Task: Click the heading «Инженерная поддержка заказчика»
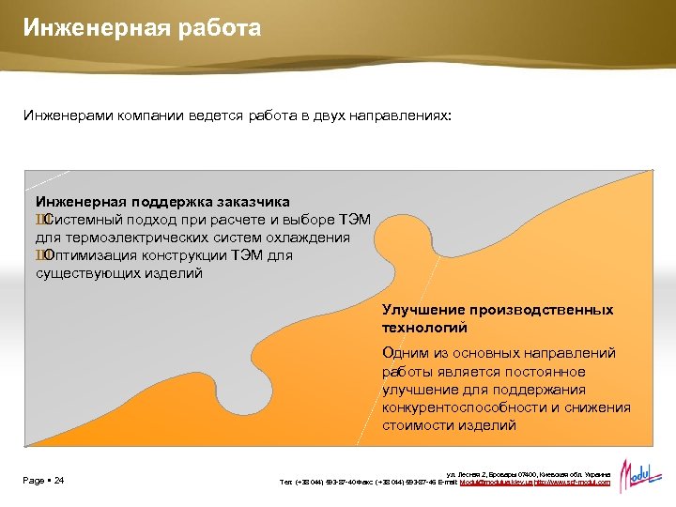pos(162,202)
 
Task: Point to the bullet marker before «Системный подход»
pos(39,220)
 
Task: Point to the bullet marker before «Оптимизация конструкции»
pos(39,255)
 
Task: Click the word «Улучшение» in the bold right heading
pos(421,310)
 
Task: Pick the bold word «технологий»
pos(424,328)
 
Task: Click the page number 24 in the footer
pos(58,481)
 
